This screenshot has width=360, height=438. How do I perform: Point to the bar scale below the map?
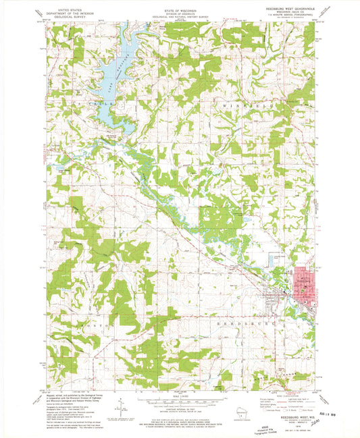tap(179, 401)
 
